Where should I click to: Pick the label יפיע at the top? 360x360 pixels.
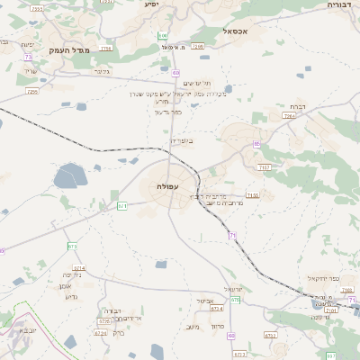[151, 4]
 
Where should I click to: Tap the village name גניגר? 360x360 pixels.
[102, 71]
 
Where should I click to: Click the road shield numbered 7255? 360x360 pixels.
[32, 91]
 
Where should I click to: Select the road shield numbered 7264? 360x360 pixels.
[289, 116]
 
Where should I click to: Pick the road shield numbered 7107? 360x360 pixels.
[264, 167]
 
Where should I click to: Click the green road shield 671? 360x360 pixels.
[122, 206]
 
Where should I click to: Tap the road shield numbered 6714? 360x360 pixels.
[79, 268]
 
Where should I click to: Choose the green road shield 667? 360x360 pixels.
[331, 356]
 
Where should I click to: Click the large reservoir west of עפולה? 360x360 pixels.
[69, 175]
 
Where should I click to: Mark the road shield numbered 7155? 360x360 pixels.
[253, 194]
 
